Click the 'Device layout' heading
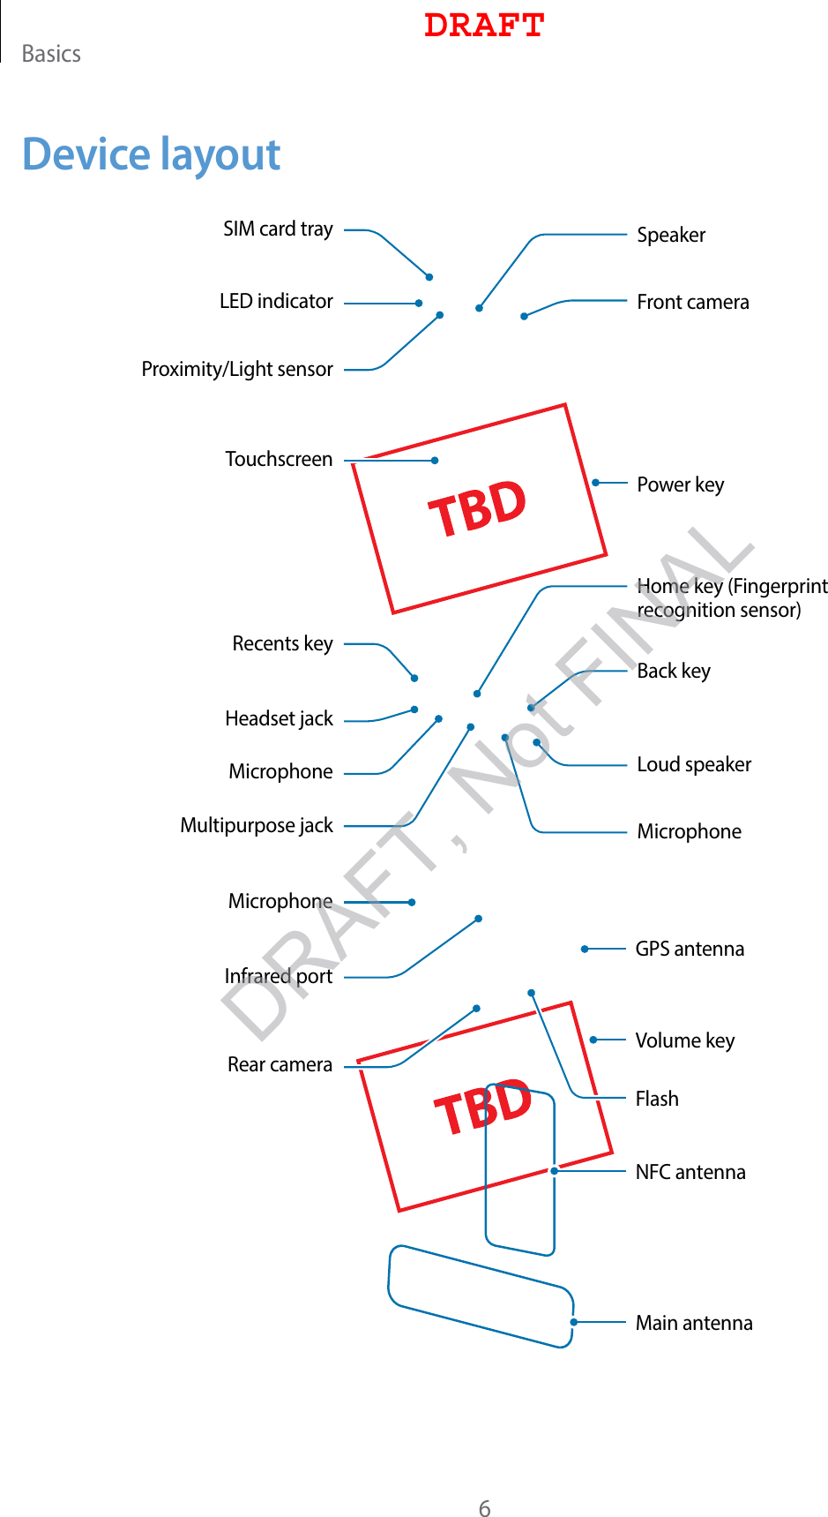coord(151,154)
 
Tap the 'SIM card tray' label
coord(278,229)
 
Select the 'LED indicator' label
coord(276,302)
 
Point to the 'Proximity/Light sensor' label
coord(237,369)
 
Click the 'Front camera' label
coord(693,303)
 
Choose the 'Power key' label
coord(681,484)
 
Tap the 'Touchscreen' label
coord(279,460)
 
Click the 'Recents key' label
coord(282,644)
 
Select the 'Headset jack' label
coord(279,719)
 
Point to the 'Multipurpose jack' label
coord(257,826)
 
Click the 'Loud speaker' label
coord(694,765)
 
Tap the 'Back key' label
coord(674,672)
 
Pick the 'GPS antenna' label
coord(690,950)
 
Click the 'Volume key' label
coord(685,1041)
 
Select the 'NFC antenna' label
coord(690,1173)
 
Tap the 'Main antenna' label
coord(694,1324)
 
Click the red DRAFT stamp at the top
coord(484,26)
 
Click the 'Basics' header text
coord(51,55)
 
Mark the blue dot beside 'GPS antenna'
coord(585,950)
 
